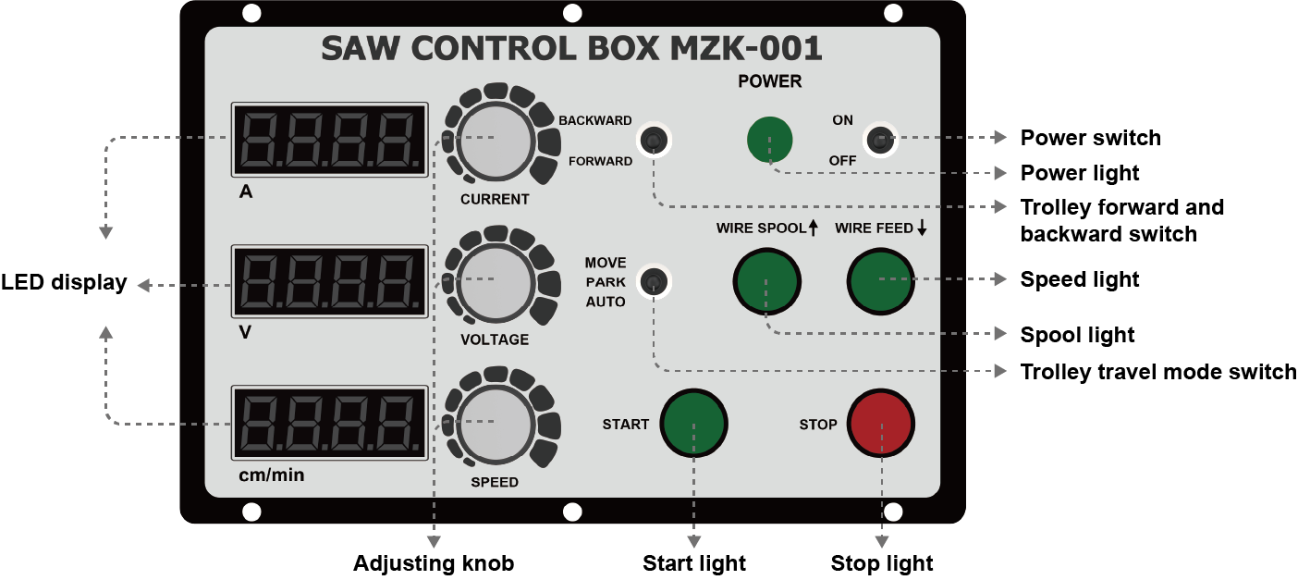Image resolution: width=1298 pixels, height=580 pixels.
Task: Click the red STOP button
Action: [x=881, y=424]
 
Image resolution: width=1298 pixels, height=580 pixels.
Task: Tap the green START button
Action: [x=693, y=424]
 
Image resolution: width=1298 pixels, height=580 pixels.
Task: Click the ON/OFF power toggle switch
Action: [x=879, y=141]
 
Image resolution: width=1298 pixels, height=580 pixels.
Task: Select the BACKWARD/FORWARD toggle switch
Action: [x=654, y=141]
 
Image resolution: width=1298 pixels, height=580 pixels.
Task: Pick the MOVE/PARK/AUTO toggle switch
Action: [x=654, y=281]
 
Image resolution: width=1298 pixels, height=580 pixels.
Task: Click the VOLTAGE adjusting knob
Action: [x=495, y=279]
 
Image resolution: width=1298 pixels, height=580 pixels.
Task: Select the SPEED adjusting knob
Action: [x=495, y=422]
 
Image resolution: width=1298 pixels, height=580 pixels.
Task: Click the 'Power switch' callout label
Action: [x=1090, y=138]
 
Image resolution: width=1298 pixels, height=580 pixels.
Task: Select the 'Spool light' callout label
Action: [x=1077, y=335]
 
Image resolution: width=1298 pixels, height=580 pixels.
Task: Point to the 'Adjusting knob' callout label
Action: [x=433, y=563]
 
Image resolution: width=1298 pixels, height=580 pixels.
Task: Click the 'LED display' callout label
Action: [x=64, y=283]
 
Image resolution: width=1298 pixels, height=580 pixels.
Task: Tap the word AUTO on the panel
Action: [x=606, y=302]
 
